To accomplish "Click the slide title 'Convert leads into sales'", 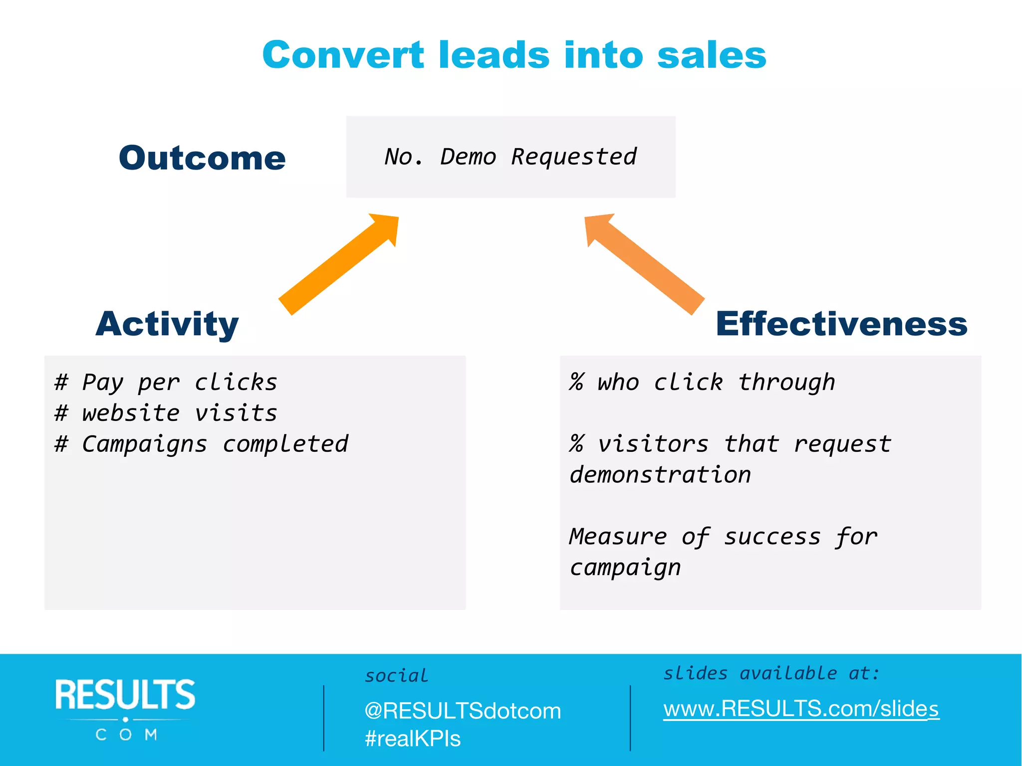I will tap(514, 55).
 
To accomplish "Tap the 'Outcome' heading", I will tap(202, 158).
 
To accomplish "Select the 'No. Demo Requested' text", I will tap(511, 157).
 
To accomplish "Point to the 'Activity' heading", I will tap(167, 324).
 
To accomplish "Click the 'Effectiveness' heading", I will tap(841, 324).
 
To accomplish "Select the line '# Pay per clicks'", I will tap(166, 383).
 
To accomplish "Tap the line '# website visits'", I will tap(166, 413).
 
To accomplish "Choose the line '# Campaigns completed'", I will tap(201, 444).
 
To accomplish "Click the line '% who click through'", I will tap(702, 383).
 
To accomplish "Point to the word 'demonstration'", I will tap(660, 475).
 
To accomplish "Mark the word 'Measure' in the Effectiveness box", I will tap(618, 537).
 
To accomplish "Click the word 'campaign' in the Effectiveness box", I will tap(625, 568).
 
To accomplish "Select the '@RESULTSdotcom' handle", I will tap(463, 711).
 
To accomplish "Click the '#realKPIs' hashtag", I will tap(413, 739).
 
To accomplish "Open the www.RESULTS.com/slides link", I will tap(801, 709).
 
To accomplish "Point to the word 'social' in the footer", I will tap(396, 676).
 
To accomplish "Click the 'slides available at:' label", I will tap(771, 674).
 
